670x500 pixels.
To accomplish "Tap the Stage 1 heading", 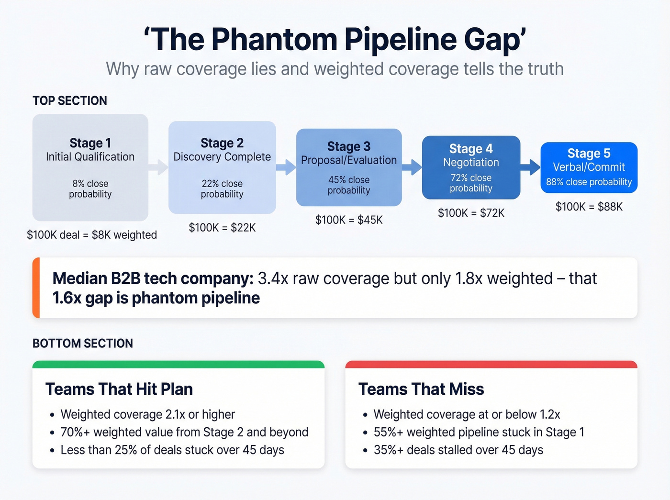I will [90, 143].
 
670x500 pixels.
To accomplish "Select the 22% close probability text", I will [222, 189].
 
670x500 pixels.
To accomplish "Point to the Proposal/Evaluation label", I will [349, 160].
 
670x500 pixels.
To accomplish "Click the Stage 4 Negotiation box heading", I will [471, 149].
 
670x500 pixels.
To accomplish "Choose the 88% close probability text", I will [589, 182].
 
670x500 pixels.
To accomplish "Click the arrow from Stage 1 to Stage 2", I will [158, 167].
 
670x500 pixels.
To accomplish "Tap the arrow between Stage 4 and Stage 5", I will [530, 167].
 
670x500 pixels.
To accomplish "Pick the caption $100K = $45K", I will [349, 220].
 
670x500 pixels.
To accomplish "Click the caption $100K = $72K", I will [471, 213].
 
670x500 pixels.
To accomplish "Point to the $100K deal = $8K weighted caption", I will [92, 235].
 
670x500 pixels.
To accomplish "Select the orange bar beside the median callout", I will [36, 288].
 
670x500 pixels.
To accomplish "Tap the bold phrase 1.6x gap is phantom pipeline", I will [156, 298].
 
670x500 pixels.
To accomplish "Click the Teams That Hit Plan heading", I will [119, 389].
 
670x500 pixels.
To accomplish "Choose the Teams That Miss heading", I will [421, 389].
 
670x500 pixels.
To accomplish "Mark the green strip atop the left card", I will [179, 365].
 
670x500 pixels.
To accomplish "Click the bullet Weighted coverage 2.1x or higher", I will [148, 414].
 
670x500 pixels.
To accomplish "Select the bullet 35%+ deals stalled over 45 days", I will [458, 450].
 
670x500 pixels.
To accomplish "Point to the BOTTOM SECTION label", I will [83, 344].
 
